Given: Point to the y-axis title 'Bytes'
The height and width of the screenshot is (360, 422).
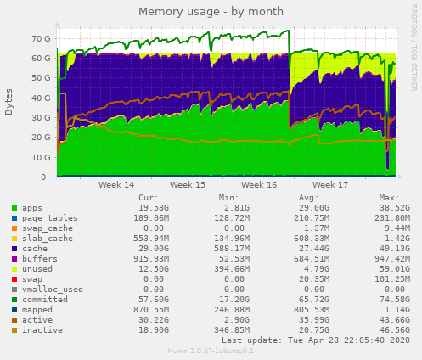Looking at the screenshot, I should click(9, 102).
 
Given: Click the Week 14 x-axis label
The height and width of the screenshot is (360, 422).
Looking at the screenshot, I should click(116, 184).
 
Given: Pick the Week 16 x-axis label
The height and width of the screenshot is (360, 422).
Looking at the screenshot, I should click(259, 184).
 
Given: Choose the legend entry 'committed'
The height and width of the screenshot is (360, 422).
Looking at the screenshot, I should click(37, 299).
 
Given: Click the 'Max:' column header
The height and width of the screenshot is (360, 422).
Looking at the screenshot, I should click(389, 197).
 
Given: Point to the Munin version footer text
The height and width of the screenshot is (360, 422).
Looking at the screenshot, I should click(211, 351).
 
